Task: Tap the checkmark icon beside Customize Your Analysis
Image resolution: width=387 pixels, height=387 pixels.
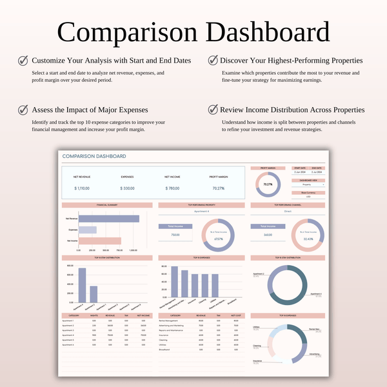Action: click(23, 60)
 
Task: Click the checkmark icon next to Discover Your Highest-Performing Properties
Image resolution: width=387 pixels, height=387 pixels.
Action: click(213, 60)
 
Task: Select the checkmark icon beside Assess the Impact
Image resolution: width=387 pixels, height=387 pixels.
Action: click(23, 110)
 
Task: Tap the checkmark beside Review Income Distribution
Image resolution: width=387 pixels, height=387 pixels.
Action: click(213, 110)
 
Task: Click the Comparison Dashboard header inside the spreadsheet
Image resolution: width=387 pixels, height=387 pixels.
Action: click(94, 156)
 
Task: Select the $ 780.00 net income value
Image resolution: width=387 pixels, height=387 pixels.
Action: click(171, 188)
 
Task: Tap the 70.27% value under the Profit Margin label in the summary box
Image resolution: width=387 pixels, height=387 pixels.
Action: click(218, 188)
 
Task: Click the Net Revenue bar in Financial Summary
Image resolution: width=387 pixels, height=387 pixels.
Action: click(108, 219)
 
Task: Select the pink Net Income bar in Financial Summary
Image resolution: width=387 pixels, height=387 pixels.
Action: click(99, 241)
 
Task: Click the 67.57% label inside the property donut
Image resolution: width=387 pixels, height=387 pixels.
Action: click(218, 239)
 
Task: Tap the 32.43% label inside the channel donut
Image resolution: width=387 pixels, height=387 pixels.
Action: click(308, 239)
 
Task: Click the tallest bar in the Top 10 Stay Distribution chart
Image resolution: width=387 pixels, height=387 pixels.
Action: click(82, 284)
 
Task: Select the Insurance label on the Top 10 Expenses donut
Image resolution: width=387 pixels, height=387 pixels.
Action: click(257, 361)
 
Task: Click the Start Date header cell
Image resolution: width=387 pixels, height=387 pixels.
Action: click(300, 168)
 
